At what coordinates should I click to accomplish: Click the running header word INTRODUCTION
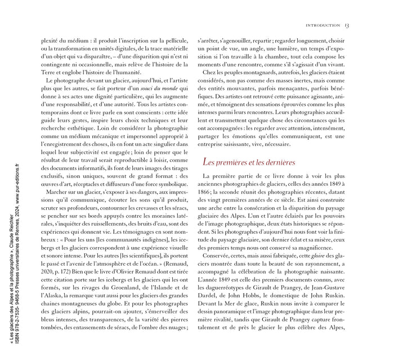tap(322, 25)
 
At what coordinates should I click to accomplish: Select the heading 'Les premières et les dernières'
tap(248, 162)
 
